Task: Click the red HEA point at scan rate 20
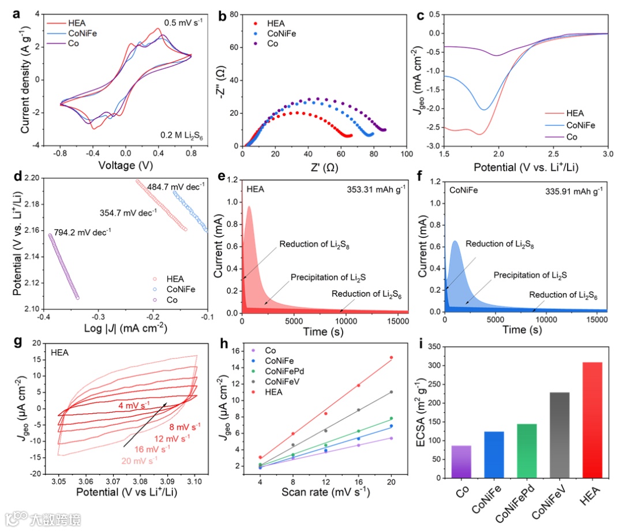[392, 357]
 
